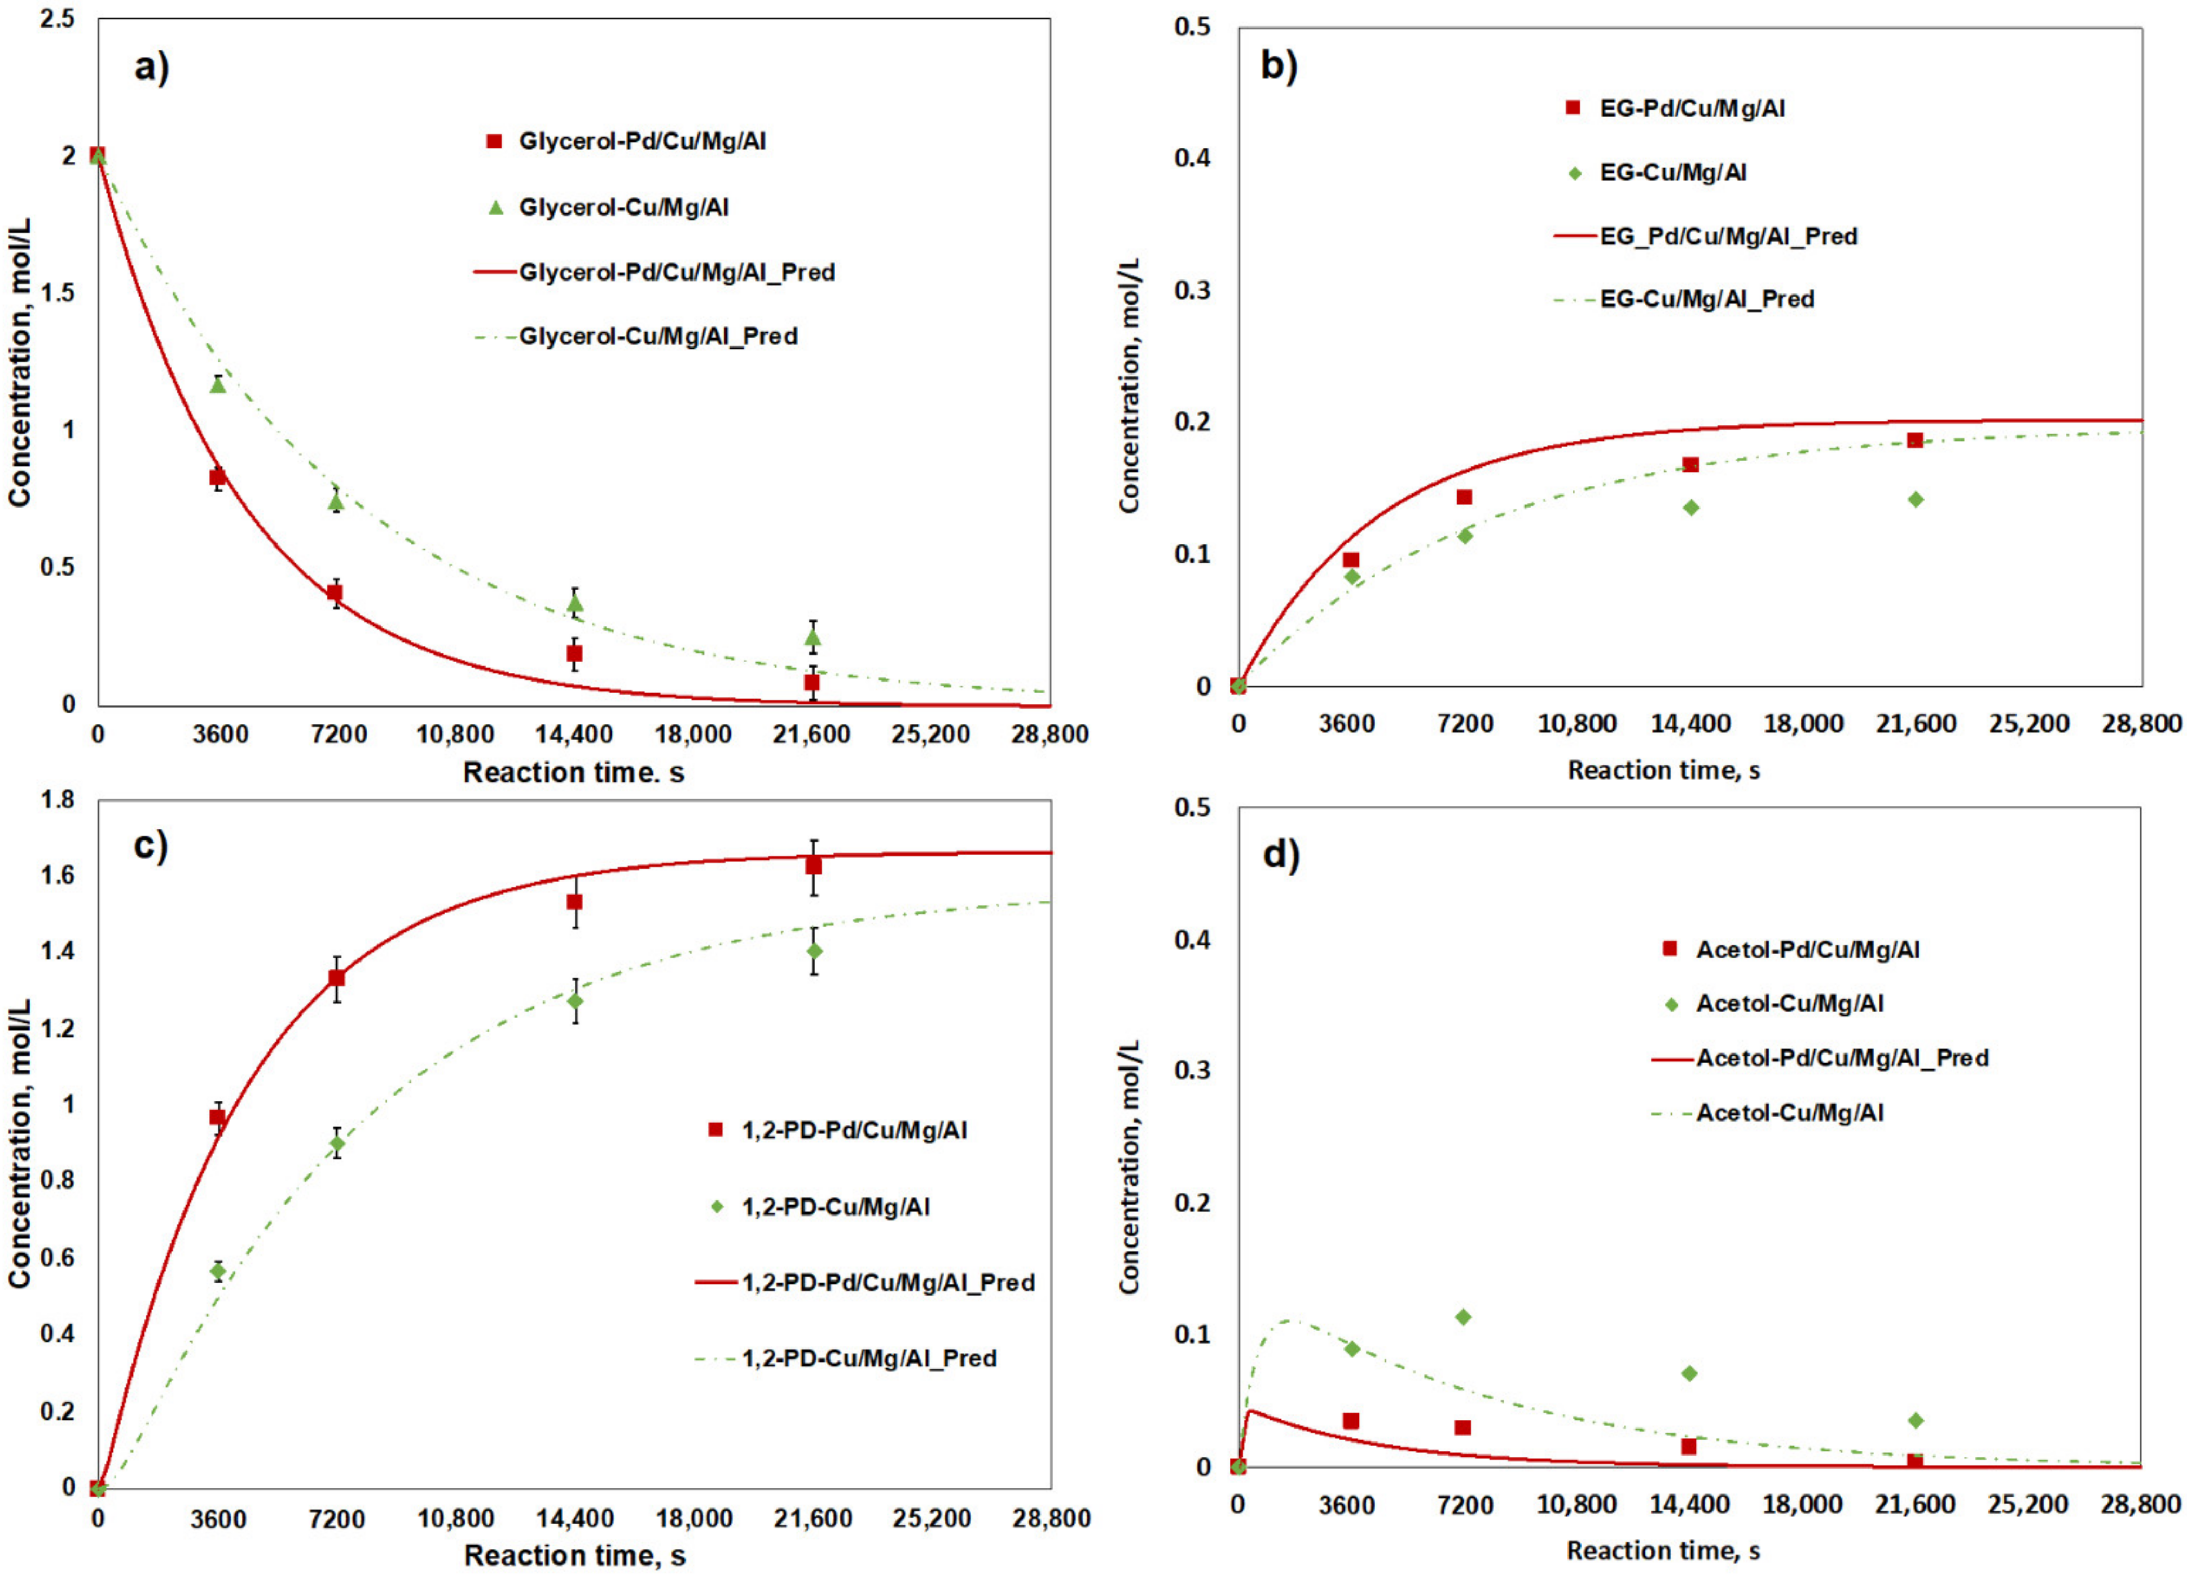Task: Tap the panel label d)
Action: click(x=1281, y=854)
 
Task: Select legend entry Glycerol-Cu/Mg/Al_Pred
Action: click(x=657, y=337)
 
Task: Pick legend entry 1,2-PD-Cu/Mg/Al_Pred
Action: click(x=868, y=1358)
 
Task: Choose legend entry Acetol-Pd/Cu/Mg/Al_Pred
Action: click(x=1842, y=1058)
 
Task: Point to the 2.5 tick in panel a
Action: click(x=57, y=19)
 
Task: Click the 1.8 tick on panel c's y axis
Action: click(x=57, y=800)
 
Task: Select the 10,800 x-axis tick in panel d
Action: click(x=1577, y=1505)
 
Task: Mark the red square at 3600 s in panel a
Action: click(x=218, y=477)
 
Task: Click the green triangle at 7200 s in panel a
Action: click(x=336, y=500)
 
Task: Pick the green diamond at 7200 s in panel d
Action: click(x=1464, y=1317)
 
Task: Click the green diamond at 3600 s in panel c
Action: click(x=218, y=1271)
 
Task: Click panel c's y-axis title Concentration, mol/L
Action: click(x=19, y=1142)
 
